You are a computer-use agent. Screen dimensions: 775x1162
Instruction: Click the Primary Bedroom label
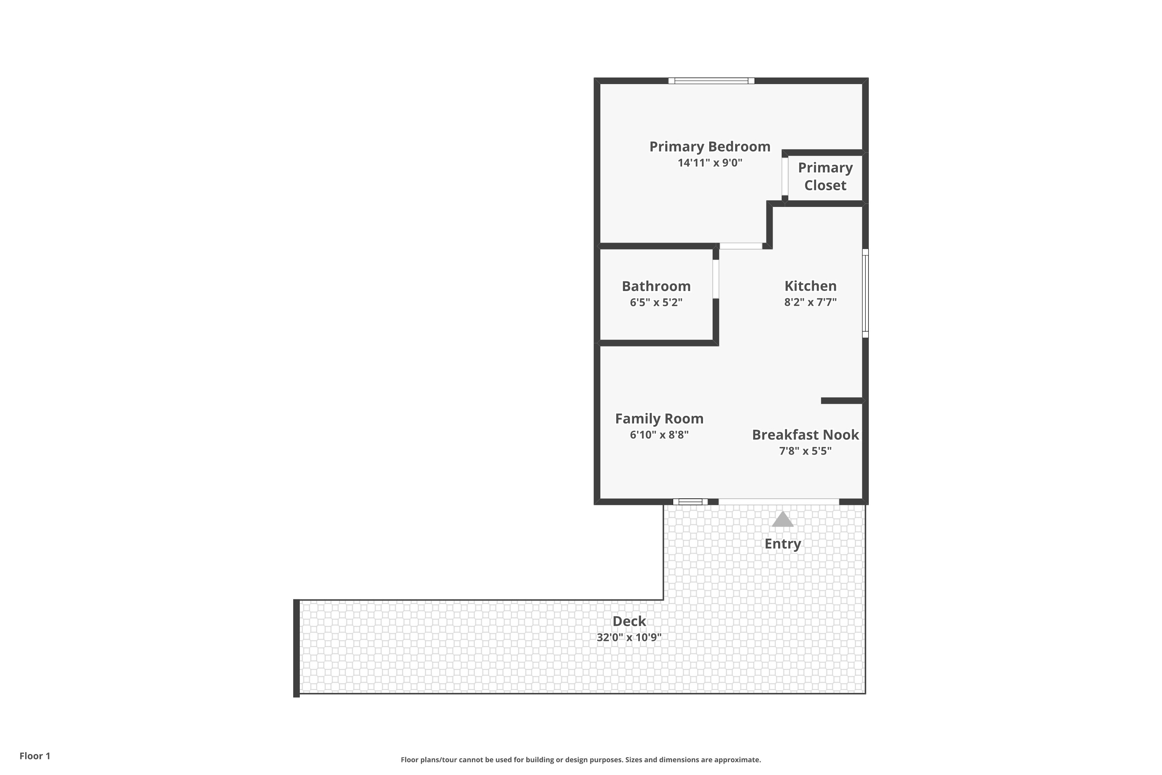[x=710, y=147]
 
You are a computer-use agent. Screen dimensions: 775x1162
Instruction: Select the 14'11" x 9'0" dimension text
[x=710, y=163]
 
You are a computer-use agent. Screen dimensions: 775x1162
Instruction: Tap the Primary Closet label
[x=825, y=176]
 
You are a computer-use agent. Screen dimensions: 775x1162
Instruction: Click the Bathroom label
[x=656, y=286]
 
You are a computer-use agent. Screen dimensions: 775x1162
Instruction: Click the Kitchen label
[x=810, y=286]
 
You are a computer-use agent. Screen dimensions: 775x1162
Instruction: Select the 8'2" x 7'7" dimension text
[x=810, y=302]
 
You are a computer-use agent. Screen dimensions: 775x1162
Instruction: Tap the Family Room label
[x=659, y=418]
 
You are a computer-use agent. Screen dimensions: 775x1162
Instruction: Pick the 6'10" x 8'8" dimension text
[x=659, y=435]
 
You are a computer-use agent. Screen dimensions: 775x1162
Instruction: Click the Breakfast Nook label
[x=805, y=435]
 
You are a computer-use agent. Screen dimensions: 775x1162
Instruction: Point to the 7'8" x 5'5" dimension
[x=805, y=451]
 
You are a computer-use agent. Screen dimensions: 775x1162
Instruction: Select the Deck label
[x=629, y=621]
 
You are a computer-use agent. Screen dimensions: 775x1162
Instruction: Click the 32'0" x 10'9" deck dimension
[x=629, y=637]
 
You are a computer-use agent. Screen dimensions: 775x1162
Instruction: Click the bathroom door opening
[x=715, y=279]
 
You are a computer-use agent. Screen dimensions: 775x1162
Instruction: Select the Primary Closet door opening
[x=785, y=176]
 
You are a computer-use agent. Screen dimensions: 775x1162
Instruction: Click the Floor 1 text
[x=34, y=756]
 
